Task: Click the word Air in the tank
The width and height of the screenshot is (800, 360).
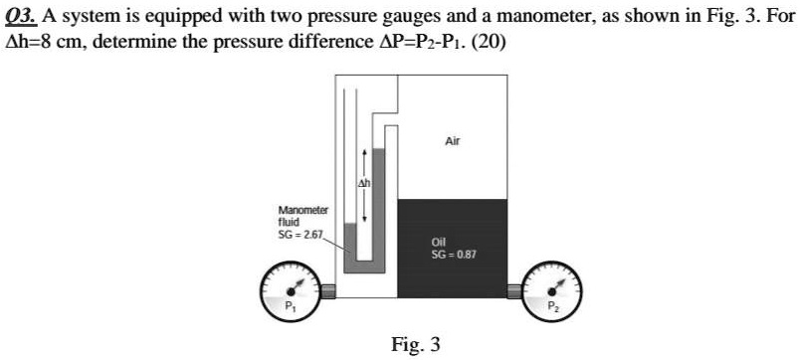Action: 452,142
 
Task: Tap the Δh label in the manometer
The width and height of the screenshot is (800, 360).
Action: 365,185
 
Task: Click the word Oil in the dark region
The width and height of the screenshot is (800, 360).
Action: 439,242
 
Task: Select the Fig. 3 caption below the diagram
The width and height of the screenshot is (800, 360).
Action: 415,345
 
